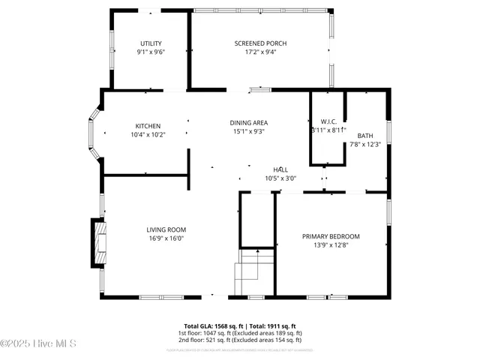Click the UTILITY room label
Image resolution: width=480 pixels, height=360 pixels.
(x=151, y=43)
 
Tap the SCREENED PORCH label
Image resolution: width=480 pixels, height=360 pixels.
(x=260, y=43)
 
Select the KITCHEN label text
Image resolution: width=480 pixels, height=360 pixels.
(x=148, y=125)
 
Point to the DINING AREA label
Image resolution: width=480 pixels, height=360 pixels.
(x=249, y=122)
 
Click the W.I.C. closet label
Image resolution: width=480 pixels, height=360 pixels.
(x=328, y=121)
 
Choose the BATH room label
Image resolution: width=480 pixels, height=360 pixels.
(x=365, y=136)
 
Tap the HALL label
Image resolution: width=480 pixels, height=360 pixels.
(x=280, y=170)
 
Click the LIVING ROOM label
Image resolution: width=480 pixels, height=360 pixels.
(x=166, y=229)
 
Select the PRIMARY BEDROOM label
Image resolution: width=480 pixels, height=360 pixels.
(x=331, y=236)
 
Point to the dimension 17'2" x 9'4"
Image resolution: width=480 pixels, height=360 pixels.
(x=260, y=52)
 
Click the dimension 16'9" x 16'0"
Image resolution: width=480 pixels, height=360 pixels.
(x=166, y=238)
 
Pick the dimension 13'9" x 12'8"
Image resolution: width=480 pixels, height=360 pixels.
(x=331, y=245)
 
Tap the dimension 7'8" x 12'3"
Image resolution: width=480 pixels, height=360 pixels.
(x=365, y=145)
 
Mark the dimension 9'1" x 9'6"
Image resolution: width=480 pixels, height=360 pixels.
(x=151, y=52)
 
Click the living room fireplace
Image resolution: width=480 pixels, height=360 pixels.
(x=98, y=243)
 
